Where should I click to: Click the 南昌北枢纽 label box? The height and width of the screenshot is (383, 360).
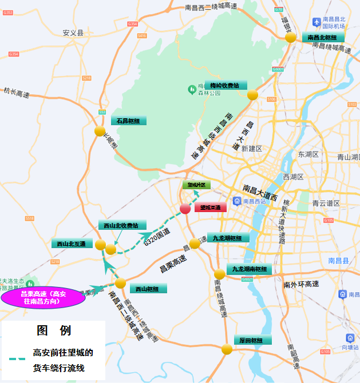326,37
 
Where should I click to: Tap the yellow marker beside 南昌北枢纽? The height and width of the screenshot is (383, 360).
291,37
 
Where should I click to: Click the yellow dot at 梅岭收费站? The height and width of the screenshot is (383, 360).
252,95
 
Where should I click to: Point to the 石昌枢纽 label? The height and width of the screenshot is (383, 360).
128,121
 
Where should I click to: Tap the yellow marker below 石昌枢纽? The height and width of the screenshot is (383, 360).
100,131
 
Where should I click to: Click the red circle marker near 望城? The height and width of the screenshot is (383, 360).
185,208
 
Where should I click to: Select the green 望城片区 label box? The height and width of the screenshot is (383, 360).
197,185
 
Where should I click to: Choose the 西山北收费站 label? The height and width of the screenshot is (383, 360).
122,225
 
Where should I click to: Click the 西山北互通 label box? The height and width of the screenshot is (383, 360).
72,244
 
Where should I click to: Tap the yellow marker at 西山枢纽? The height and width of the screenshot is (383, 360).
120,283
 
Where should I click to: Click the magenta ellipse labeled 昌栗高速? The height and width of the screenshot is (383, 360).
43,297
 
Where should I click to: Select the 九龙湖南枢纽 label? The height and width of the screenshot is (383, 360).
249,269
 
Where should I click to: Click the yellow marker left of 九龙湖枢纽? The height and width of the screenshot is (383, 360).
195,244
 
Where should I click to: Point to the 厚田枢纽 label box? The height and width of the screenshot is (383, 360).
252,340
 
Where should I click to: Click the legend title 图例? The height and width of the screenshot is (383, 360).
53,330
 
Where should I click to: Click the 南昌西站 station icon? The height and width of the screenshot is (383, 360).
237,201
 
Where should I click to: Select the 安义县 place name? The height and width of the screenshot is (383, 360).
73,33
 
